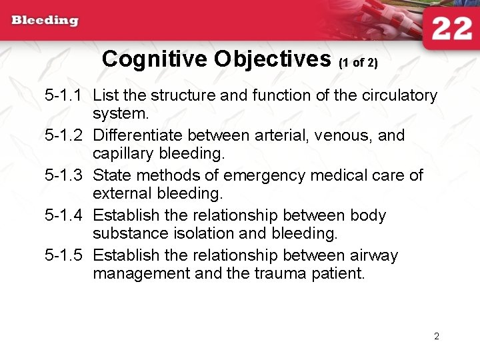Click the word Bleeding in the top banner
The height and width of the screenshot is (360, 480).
(45, 20)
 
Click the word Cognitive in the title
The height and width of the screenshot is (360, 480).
(155, 59)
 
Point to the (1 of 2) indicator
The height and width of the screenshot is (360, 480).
(358, 63)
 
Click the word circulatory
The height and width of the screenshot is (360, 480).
(399, 95)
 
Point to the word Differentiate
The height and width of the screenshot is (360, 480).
(137, 135)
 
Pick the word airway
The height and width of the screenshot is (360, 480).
(374, 255)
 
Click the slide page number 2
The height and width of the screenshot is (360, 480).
(437, 336)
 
